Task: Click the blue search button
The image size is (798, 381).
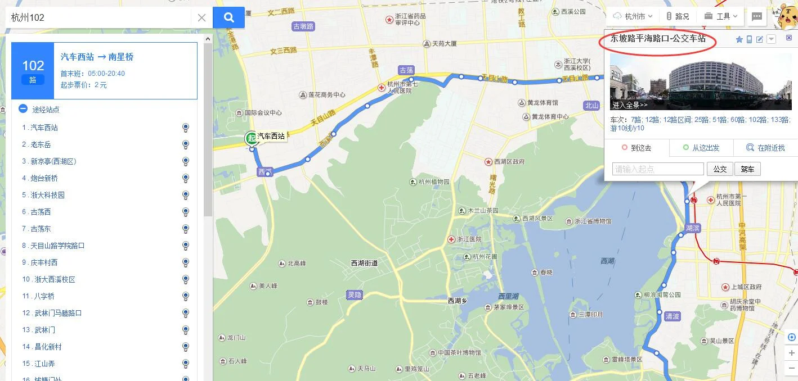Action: (x=228, y=17)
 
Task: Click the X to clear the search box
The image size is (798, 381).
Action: (x=201, y=18)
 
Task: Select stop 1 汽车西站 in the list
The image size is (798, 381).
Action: (x=44, y=128)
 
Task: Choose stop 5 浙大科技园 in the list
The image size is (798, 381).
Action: (x=47, y=195)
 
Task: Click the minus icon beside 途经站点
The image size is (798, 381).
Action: (x=23, y=109)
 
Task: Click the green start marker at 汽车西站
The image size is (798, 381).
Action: (x=251, y=138)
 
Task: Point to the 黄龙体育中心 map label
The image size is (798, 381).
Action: (x=545, y=117)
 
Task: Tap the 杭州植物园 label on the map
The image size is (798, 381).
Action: (x=433, y=182)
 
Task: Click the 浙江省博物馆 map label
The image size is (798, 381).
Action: (x=593, y=221)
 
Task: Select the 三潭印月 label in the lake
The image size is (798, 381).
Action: (x=590, y=315)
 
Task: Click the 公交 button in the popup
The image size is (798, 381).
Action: (x=720, y=169)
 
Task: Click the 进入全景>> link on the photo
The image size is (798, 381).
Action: (x=630, y=105)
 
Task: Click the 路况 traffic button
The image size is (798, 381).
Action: (x=678, y=16)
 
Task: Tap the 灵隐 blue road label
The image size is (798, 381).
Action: (x=355, y=294)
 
